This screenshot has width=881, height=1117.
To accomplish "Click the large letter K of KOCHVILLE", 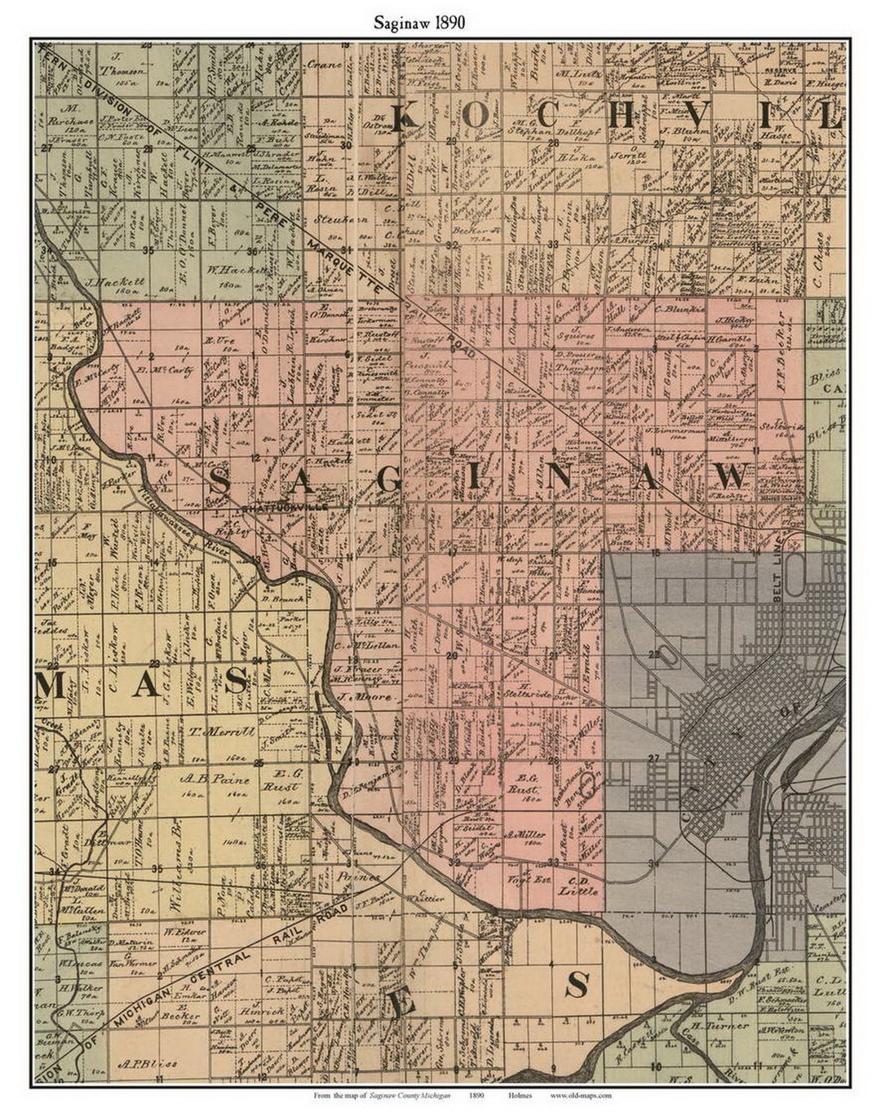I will click(404, 119).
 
